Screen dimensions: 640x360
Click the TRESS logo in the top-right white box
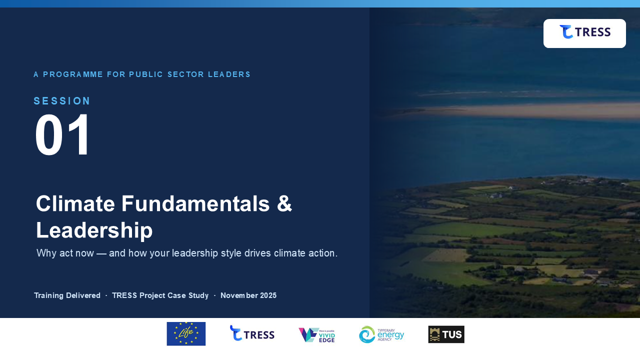point(585,31)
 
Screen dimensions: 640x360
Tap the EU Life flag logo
point(186,333)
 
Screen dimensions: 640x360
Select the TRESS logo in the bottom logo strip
point(252,333)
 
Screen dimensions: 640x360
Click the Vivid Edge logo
point(317,335)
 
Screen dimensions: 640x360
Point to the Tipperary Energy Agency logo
point(381,334)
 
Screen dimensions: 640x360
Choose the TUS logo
point(446,334)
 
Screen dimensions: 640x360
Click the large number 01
point(62,134)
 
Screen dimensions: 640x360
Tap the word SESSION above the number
point(61,101)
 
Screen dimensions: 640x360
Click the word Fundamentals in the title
point(195,203)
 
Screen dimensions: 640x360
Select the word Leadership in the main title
point(94,230)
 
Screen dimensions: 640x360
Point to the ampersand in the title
point(284,203)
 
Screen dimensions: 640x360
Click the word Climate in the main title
point(75,203)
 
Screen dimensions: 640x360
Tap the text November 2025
point(248,295)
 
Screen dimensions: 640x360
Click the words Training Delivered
point(67,295)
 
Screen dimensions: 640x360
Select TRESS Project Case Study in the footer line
point(160,295)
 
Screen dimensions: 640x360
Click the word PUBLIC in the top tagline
point(146,74)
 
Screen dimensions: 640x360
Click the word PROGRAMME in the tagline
point(73,74)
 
